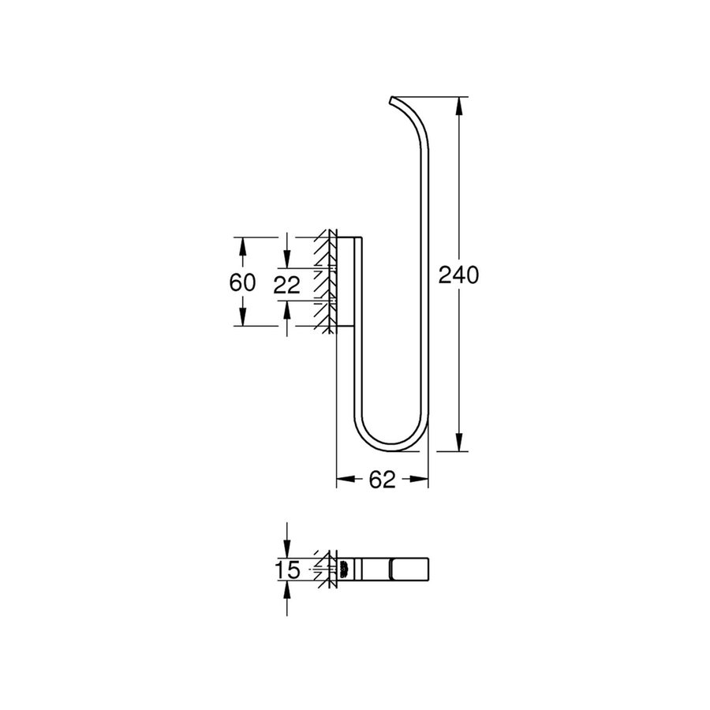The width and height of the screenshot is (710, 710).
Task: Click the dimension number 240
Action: click(459, 275)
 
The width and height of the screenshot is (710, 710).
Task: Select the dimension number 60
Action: click(243, 282)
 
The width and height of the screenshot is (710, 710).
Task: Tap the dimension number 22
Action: click(287, 285)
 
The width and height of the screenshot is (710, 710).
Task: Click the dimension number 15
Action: click(290, 570)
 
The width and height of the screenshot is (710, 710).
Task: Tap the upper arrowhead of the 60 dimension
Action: click(243, 244)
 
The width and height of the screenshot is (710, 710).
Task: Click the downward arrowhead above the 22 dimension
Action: click(288, 261)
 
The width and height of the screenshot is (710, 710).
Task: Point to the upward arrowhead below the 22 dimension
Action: click(288, 308)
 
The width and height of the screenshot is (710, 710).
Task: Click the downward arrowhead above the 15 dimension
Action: click(288, 551)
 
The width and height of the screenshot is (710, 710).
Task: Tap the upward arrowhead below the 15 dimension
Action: click(288, 588)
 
